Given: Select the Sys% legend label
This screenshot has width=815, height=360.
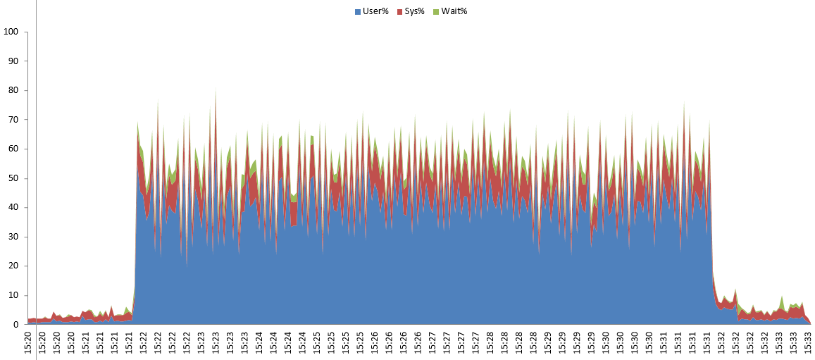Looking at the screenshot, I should pos(414,11).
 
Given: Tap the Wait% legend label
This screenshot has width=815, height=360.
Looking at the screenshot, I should pos(454,11).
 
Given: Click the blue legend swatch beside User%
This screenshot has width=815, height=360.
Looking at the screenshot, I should pos(358,12).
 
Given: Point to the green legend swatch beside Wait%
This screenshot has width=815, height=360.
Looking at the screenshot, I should pos(435,12).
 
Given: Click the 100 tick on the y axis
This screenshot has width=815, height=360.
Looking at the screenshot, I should pos(11,32).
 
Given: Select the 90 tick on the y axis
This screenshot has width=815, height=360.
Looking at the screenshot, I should pos(13,61).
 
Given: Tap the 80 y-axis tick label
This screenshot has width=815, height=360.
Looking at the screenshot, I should pos(13,90).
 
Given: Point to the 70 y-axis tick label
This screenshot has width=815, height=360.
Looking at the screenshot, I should pos(13,120).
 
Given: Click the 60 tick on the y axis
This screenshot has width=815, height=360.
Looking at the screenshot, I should pos(13,149).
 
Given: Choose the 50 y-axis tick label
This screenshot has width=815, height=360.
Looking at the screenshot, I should pos(13,178).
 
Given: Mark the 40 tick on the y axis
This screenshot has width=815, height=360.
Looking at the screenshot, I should pos(13,208).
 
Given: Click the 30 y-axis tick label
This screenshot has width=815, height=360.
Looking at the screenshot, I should pos(13,237).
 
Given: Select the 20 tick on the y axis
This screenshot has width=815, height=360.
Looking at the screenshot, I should pos(13,266).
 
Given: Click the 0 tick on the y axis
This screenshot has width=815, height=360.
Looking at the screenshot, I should pos(15,325).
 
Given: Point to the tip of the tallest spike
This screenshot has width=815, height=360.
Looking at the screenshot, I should pos(215,87).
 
